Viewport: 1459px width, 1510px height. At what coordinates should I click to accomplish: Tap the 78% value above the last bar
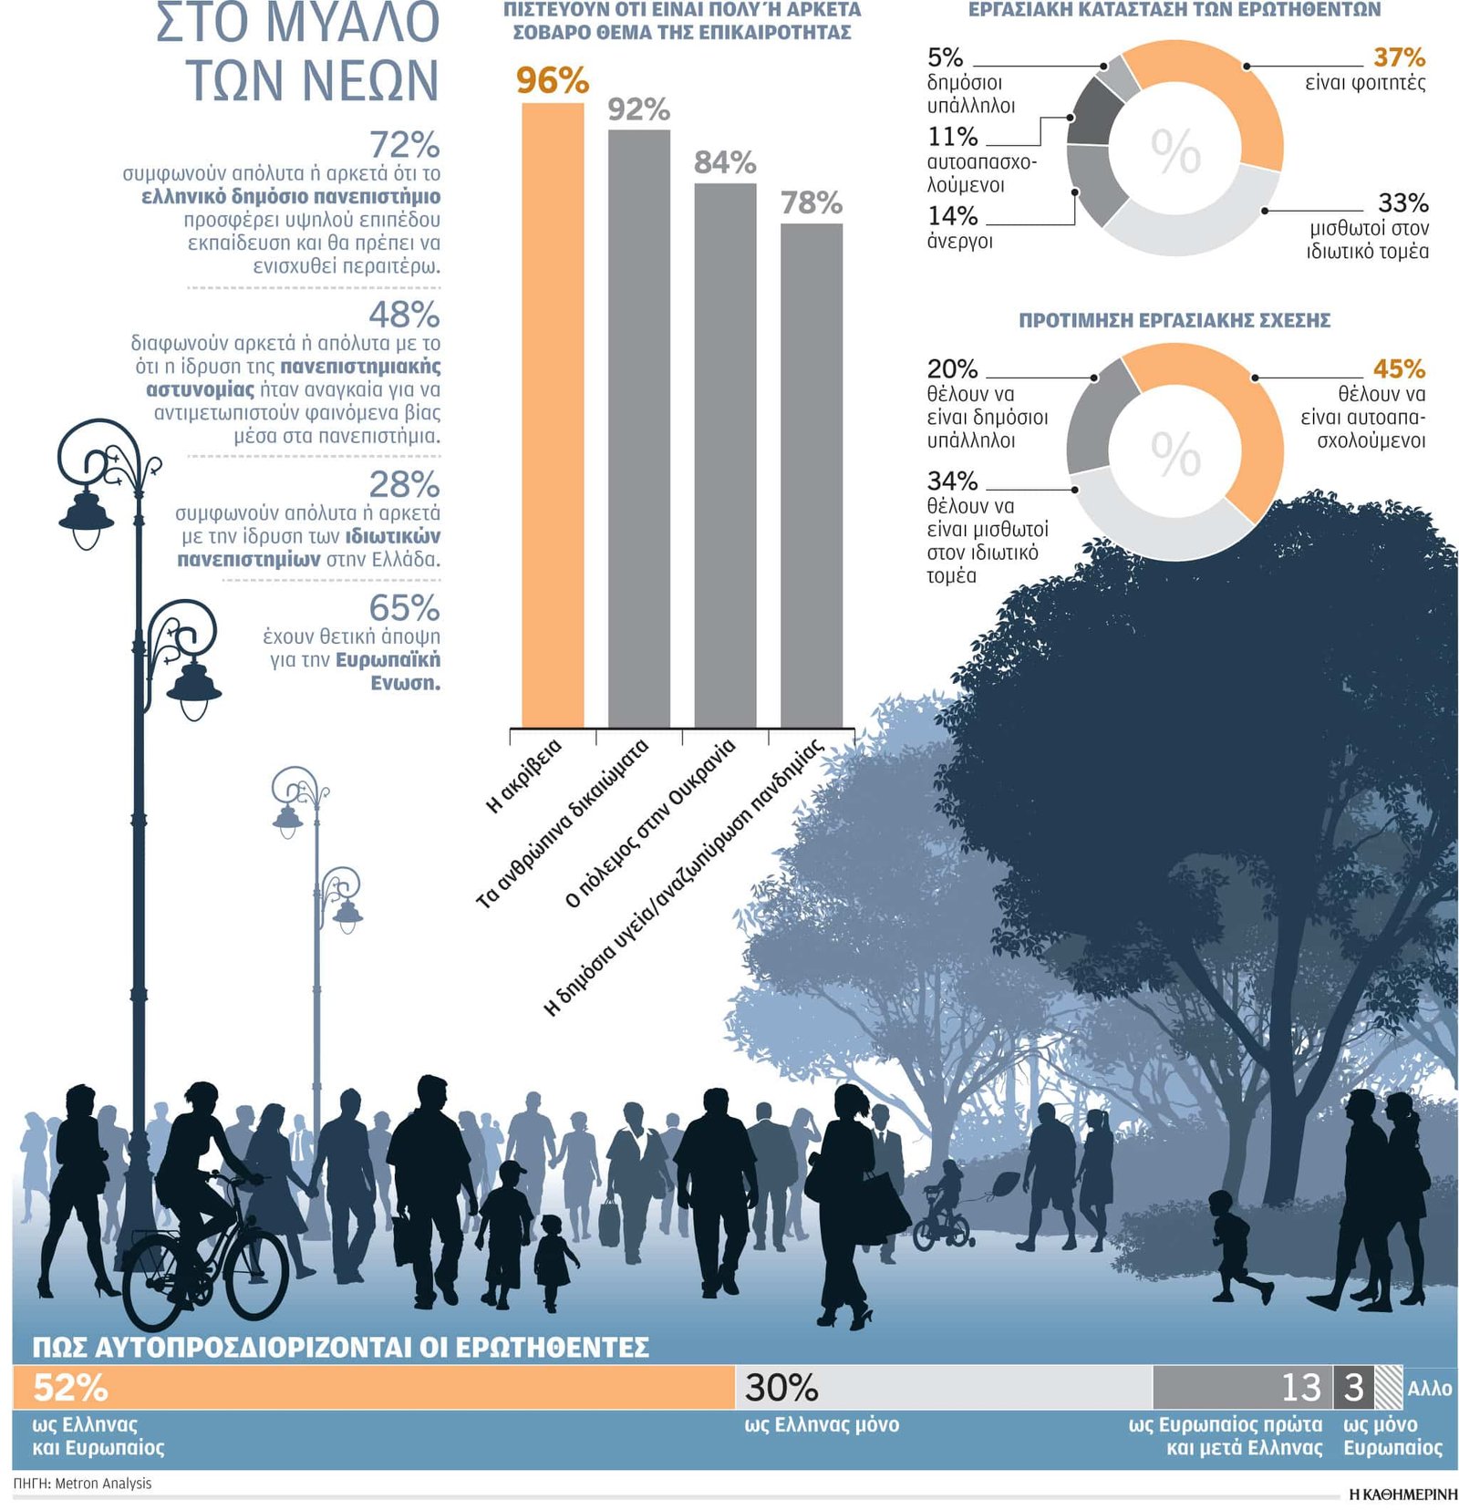tap(811, 202)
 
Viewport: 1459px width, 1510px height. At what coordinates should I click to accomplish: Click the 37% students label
tap(1398, 57)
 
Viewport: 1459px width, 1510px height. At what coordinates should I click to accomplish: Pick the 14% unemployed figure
tap(952, 216)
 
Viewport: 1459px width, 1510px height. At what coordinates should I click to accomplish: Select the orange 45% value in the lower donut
tap(1398, 368)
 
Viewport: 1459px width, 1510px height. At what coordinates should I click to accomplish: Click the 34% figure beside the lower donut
tap(952, 481)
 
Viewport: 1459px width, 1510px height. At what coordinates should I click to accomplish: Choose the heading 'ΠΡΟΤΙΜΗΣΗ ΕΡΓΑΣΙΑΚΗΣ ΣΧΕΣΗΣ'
tap(1174, 320)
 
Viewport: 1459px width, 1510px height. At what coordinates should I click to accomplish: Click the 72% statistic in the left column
tap(404, 145)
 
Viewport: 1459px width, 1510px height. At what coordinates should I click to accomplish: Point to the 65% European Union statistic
tap(404, 607)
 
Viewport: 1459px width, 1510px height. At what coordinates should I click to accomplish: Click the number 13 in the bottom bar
tap(1300, 1387)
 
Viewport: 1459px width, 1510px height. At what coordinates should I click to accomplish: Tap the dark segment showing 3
tap(1353, 1387)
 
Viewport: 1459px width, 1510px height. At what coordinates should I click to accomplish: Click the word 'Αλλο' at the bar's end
tap(1429, 1388)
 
